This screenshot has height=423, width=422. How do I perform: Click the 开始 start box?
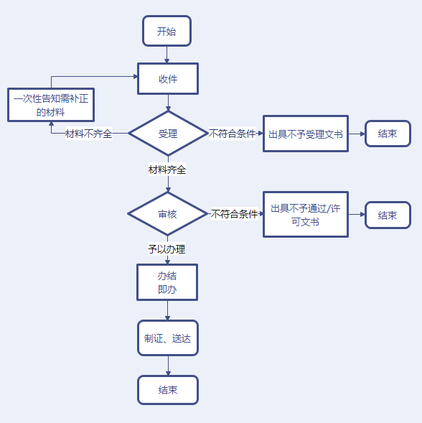click(167, 32)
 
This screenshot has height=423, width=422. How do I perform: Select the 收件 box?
click(167, 79)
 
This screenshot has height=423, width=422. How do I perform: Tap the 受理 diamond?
click(167, 134)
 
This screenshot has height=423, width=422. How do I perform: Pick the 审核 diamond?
click(167, 214)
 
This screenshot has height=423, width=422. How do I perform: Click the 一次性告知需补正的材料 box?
click(50, 105)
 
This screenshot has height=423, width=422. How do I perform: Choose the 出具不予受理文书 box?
click(305, 134)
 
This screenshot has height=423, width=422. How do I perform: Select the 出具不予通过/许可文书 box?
click(305, 214)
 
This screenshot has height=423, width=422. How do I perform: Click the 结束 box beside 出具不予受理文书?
click(388, 134)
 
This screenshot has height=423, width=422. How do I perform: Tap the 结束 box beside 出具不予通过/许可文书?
click(388, 215)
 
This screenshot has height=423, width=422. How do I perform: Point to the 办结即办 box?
click(167, 282)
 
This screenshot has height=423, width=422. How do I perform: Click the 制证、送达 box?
click(167, 338)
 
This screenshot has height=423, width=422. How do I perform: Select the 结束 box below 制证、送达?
click(167, 390)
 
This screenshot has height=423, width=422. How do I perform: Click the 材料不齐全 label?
click(88, 134)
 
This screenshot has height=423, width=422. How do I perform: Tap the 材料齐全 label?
click(167, 170)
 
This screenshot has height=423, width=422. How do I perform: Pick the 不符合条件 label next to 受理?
click(233, 134)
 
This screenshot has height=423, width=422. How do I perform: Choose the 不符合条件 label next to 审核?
click(234, 214)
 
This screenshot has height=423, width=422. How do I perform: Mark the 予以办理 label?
click(167, 249)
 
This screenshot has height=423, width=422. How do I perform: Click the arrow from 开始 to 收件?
click(167, 55)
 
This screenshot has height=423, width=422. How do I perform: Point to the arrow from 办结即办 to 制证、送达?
click(167, 310)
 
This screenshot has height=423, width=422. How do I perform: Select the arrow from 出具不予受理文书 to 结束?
click(357, 134)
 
